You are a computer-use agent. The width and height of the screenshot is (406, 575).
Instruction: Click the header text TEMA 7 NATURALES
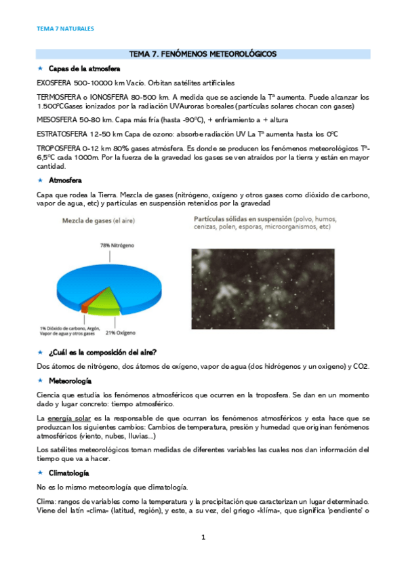pyautogui.click(x=64, y=29)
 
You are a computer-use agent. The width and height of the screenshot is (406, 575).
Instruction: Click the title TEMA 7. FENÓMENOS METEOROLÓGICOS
pyautogui.click(x=203, y=54)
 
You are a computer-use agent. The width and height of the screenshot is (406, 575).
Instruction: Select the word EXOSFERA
pyautogui.click(x=55, y=83)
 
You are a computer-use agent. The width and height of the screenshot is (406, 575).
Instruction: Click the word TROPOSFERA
pyautogui.click(x=58, y=148)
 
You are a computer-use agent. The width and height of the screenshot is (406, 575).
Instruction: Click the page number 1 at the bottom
pyautogui.click(x=203, y=538)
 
